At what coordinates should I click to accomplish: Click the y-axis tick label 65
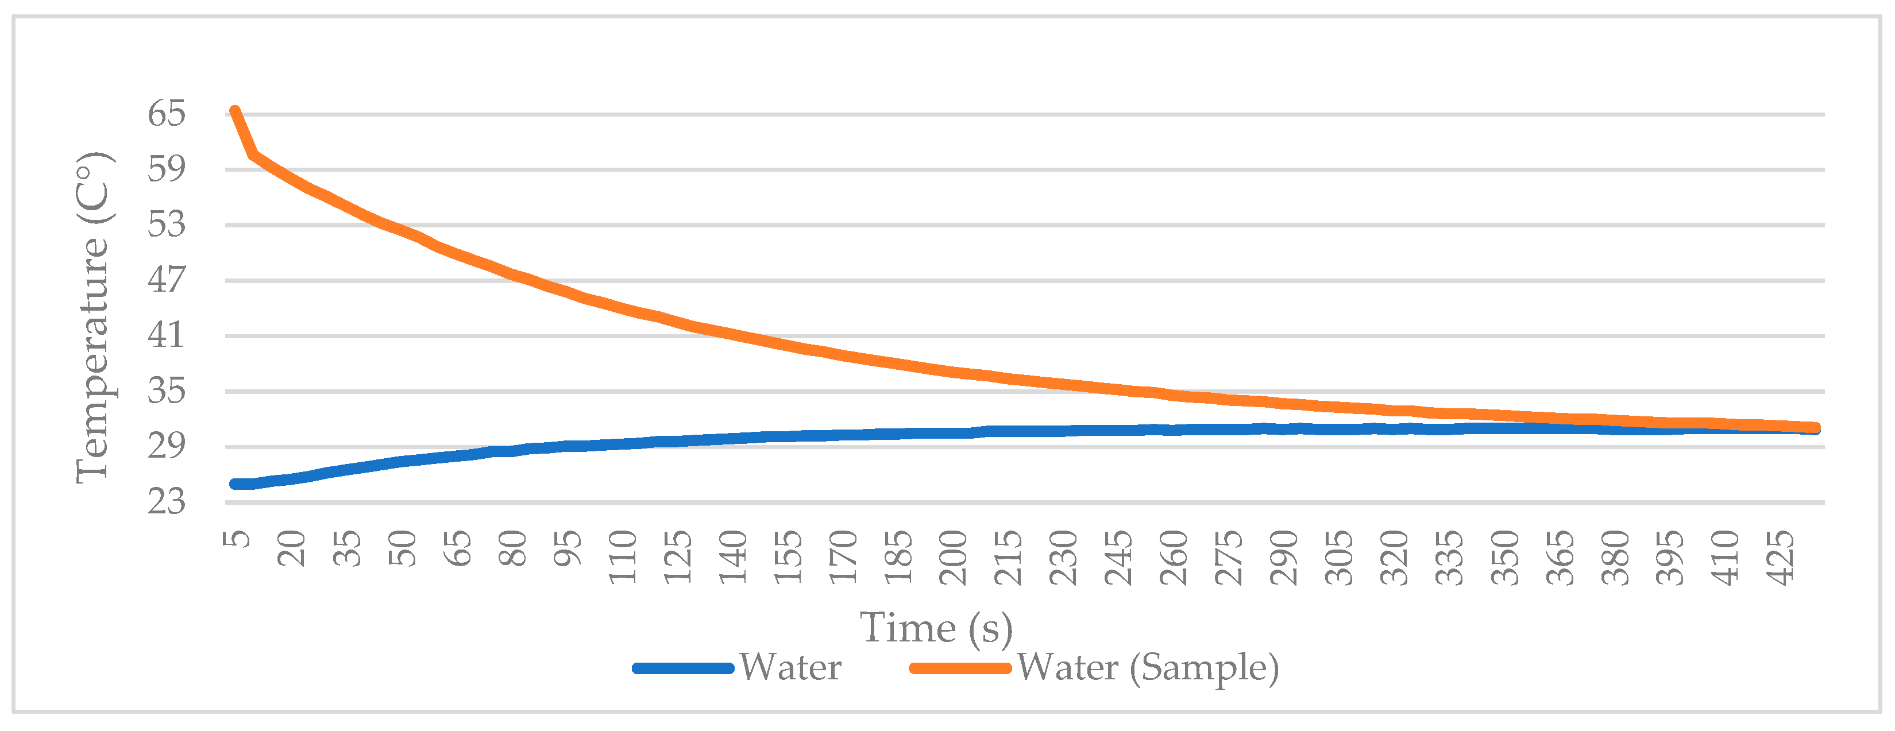tap(166, 114)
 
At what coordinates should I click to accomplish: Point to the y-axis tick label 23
tap(166, 502)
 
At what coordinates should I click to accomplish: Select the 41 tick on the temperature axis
tap(166, 336)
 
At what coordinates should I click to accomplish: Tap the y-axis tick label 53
tap(166, 225)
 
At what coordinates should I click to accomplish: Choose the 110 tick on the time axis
tap(622, 556)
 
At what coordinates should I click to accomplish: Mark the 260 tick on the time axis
tap(1174, 556)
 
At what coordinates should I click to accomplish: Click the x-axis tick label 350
tap(1505, 556)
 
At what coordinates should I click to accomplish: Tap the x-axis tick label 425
tap(1781, 556)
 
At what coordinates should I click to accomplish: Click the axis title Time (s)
tap(936, 627)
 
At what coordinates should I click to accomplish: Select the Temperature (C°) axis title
tap(94, 318)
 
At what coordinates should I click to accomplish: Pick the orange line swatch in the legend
tap(960, 668)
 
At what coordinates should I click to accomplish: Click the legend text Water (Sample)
tap(1148, 668)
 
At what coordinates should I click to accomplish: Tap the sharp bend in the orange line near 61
tap(254, 155)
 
